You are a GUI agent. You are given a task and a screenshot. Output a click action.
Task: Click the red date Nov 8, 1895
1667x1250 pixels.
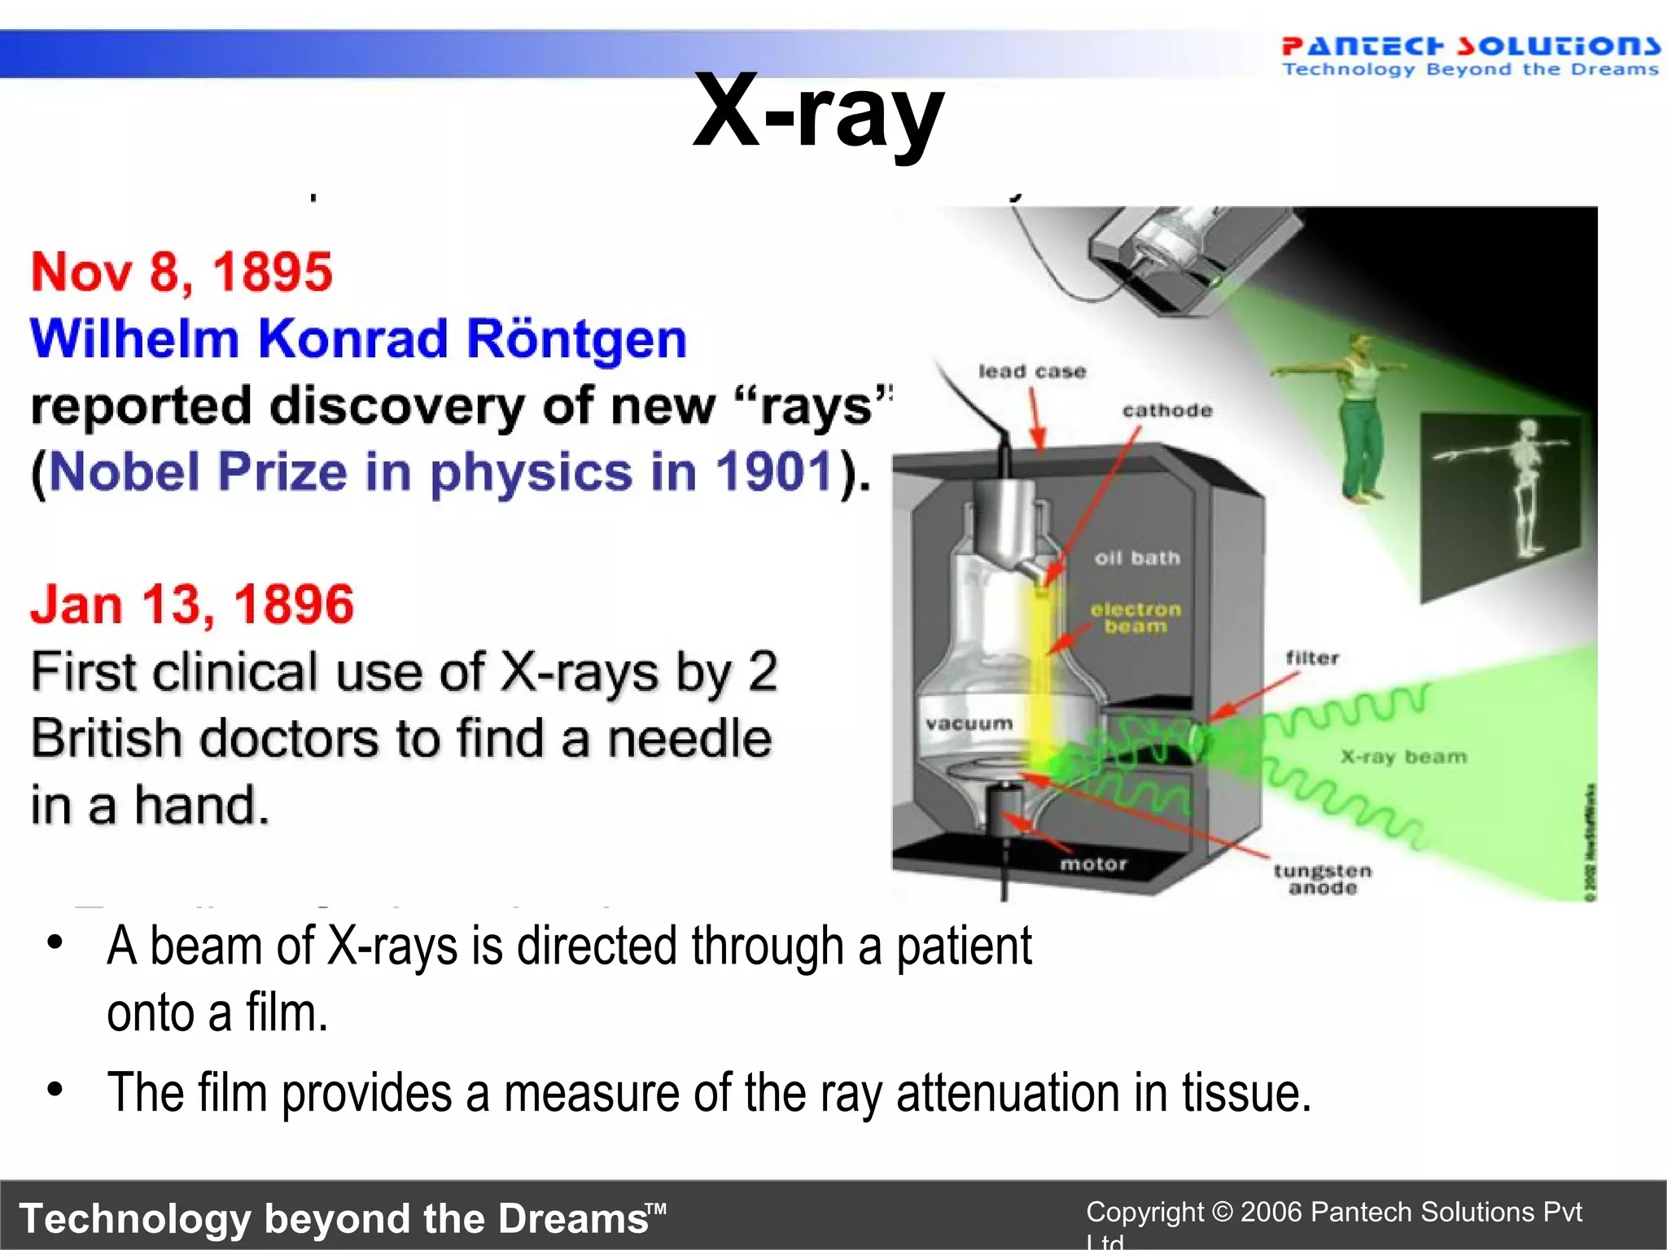pyautogui.click(x=182, y=272)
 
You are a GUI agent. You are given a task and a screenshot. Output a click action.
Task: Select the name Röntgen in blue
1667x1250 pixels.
pyautogui.click(x=576, y=339)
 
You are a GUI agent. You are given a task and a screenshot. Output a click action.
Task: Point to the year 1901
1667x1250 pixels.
pyautogui.click(x=774, y=472)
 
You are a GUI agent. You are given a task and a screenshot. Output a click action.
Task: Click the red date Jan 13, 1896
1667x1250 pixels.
pyautogui.click(x=192, y=605)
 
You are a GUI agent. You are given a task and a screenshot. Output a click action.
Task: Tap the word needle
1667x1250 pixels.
pyautogui.click(x=689, y=739)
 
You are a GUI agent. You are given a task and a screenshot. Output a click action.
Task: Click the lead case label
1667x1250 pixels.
pyautogui.click(x=1032, y=372)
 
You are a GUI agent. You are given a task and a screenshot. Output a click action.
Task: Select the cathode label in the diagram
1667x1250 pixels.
pyautogui.click(x=1166, y=411)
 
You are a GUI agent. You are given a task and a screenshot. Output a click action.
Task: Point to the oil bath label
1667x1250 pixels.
pyautogui.click(x=1136, y=558)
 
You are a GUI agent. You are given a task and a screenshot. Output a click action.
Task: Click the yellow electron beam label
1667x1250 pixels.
pyautogui.click(x=1135, y=618)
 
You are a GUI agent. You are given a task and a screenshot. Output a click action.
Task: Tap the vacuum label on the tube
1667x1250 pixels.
pyautogui.click(x=969, y=723)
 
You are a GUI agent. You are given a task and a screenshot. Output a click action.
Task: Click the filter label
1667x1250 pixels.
pyautogui.click(x=1312, y=658)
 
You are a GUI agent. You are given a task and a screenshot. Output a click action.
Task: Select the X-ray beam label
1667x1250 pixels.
pyautogui.click(x=1403, y=757)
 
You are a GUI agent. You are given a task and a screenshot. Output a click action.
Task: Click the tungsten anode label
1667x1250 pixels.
pyautogui.click(x=1323, y=879)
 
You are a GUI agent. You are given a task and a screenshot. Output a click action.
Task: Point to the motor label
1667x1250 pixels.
pyautogui.click(x=1093, y=864)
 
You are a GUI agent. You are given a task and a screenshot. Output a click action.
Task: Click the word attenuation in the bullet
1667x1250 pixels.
pyautogui.click(x=1009, y=1093)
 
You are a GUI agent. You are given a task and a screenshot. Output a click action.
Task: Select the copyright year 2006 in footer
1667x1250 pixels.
pyautogui.click(x=1271, y=1212)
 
